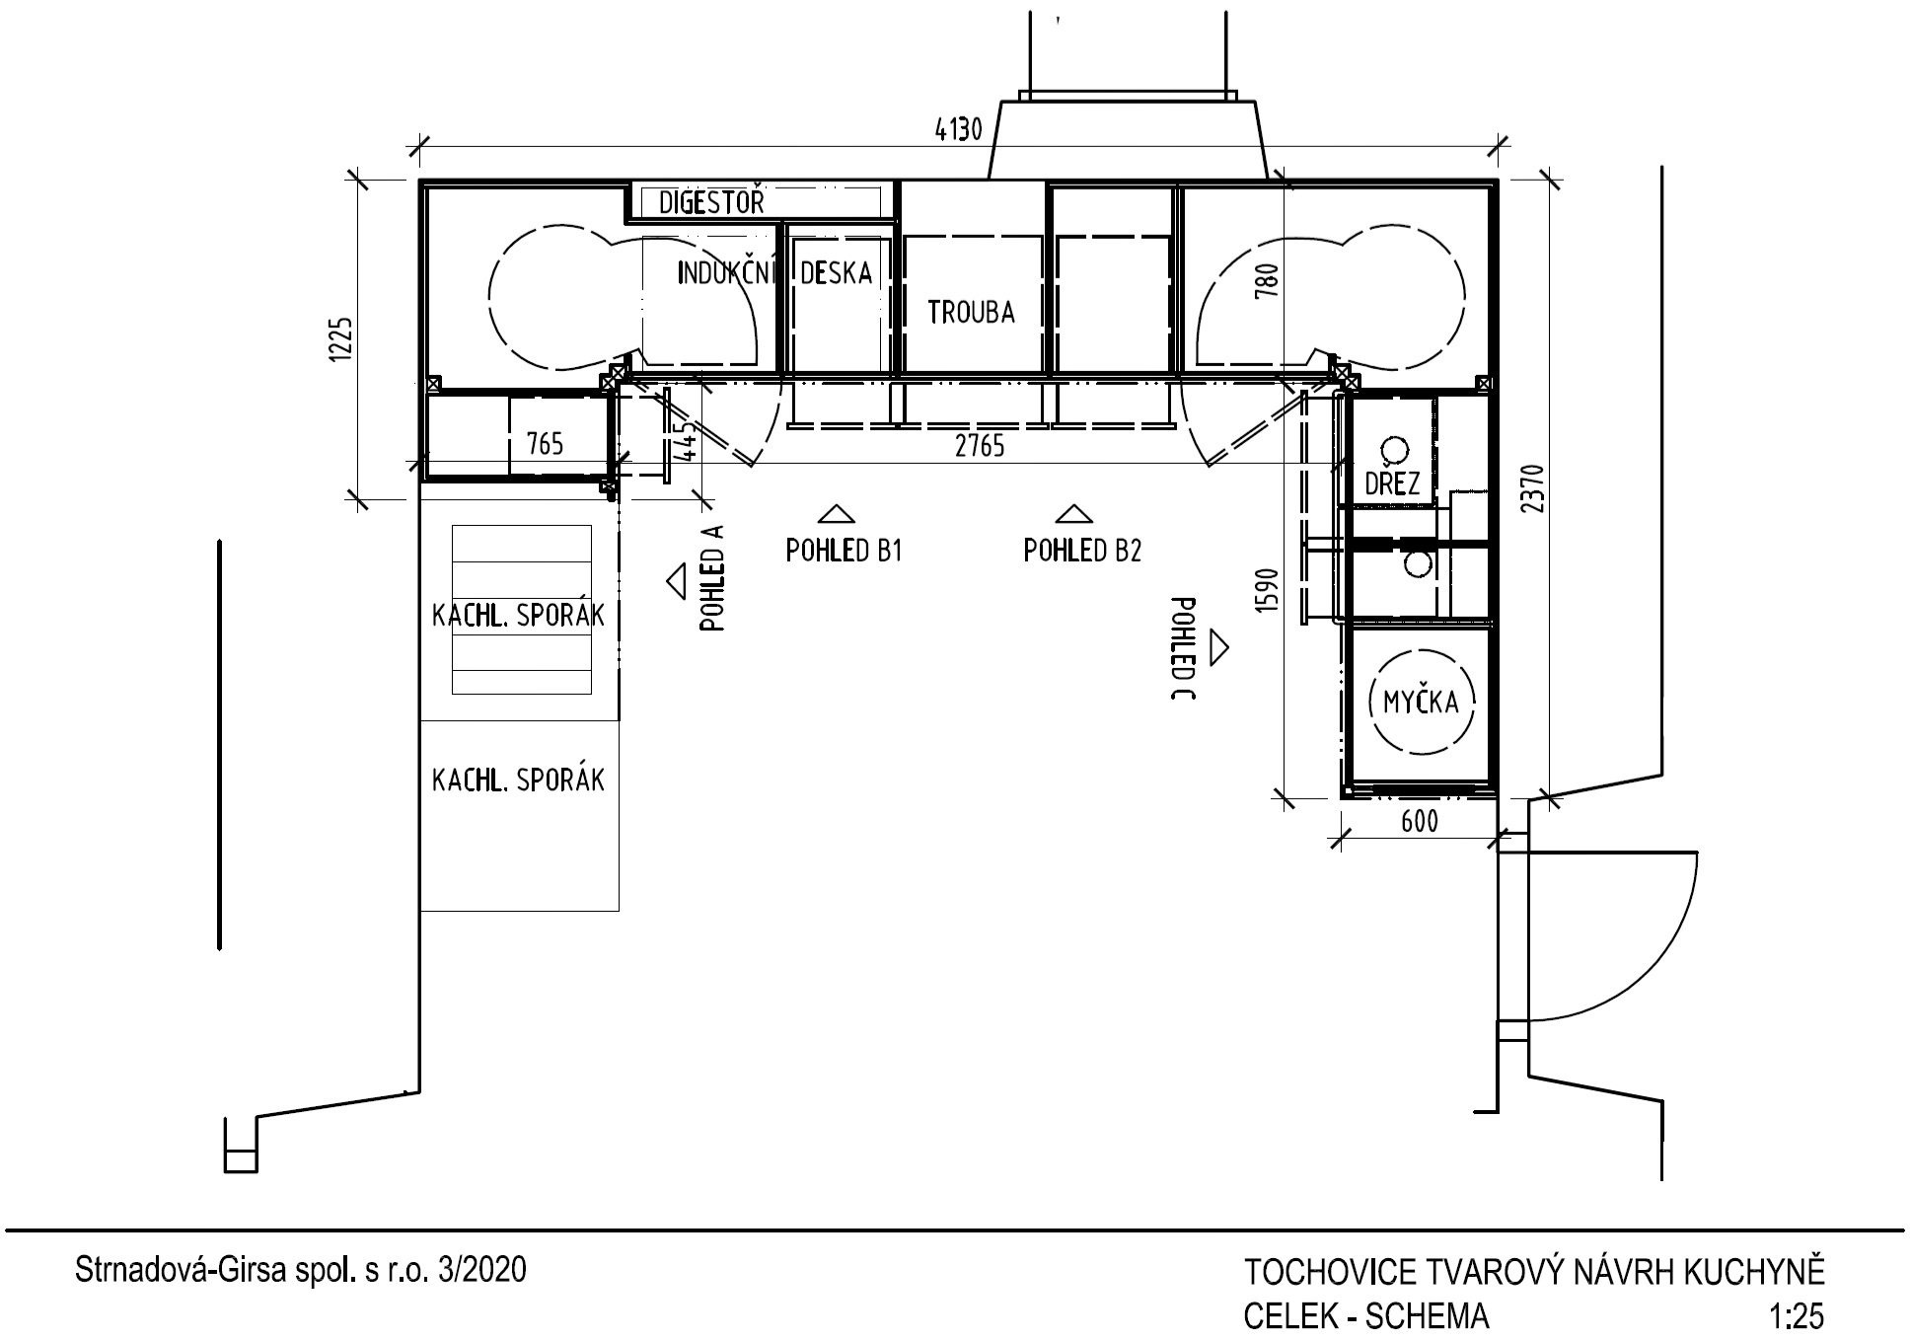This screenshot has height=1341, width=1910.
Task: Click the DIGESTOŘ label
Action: [x=711, y=203]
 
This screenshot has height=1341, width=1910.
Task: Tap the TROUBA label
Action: [x=971, y=312]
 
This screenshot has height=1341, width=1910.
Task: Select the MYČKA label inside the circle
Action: [x=1421, y=702]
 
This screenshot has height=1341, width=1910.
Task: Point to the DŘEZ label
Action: [x=1392, y=483]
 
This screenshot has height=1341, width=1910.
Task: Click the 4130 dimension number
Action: [x=958, y=129]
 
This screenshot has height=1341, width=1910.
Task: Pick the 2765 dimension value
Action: [x=980, y=446]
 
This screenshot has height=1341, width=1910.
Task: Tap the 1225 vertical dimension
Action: [x=341, y=340]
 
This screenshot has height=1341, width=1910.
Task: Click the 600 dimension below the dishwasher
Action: [x=1419, y=821]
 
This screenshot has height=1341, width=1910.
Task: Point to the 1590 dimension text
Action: [x=1269, y=590]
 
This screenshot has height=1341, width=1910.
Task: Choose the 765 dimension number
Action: [x=545, y=444]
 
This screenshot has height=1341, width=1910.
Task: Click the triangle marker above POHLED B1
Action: [x=838, y=513]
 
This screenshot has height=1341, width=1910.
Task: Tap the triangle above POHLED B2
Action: [x=1073, y=513]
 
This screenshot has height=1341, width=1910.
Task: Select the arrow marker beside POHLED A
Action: [x=677, y=581]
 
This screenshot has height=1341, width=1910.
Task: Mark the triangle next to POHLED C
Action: [x=1219, y=647]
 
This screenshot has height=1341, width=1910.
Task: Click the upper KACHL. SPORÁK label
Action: [x=518, y=616]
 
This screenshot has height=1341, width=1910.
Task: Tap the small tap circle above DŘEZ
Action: [x=1394, y=450]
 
